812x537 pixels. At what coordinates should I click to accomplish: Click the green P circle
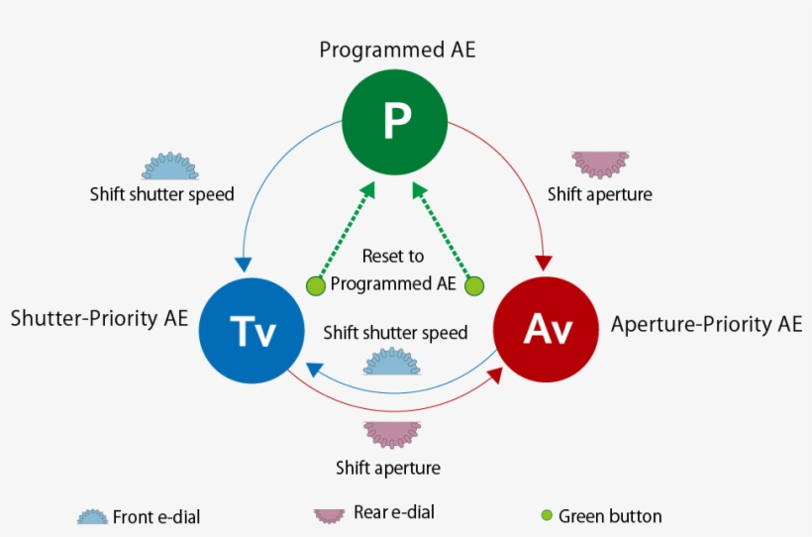[396, 121]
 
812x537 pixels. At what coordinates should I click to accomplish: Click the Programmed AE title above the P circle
[397, 50]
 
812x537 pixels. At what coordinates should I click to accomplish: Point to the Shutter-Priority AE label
[99, 319]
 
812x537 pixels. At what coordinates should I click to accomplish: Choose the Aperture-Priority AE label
[706, 324]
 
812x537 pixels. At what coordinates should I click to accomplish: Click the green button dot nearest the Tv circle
[316, 286]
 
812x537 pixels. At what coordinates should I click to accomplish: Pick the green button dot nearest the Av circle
[475, 286]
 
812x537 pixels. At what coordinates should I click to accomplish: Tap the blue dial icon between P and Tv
[170, 166]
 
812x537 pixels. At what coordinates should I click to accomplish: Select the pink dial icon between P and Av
[600, 163]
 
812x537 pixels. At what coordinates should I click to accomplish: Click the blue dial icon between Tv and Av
[395, 362]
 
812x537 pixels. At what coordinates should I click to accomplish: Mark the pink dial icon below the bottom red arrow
[391, 434]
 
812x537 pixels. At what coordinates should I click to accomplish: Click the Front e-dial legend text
[162, 516]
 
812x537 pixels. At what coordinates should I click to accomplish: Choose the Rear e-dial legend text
[393, 512]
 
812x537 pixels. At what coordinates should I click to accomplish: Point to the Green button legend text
[610, 516]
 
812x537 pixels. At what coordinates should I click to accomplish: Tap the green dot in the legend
[547, 515]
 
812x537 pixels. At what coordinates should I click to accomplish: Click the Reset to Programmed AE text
[393, 270]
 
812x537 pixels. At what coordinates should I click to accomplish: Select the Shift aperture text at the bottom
[388, 468]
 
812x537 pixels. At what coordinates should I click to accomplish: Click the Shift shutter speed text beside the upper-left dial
[162, 194]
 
